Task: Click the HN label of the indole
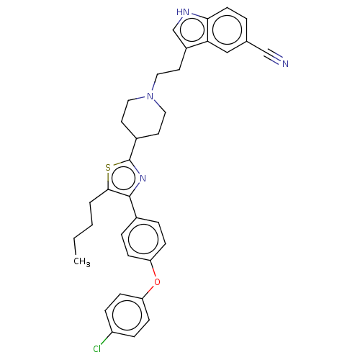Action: pyautogui.click(x=183, y=12)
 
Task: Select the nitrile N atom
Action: pyautogui.click(x=285, y=63)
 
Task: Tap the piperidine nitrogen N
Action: pyautogui.click(x=150, y=96)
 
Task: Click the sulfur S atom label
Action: pyautogui.click(x=108, y=168)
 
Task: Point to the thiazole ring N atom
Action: pyautogui.click(x=143, y=179)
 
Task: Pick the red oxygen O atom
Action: pyautogui.click(x=157, y=282)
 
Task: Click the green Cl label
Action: pyautogui.click(x=97, y=348)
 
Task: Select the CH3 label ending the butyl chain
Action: pyautogui.click(x=82, y=261)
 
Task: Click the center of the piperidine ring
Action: pyautogui.click(x=143, y=117)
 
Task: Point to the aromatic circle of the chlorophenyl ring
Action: pyautogui.click(x=127, y=315)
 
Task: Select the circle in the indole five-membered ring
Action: pyautogui.click(x=192, y=30)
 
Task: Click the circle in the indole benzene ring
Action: pyautogui.click(x=227, y=30)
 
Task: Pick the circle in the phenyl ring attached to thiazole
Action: pyautogui.click(x=143, y=239)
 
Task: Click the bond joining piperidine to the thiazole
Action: pyautogui.click(x=133, y=149)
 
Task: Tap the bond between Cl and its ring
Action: pyautogui.click(x=106, y=338)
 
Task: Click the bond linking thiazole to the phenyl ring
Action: pyautogui.click(x=133, y=207)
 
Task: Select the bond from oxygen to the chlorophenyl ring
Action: pyautogui.click(x=148, y=292)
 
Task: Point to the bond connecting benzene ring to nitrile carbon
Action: pyautogui.click(x=256, y=46)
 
